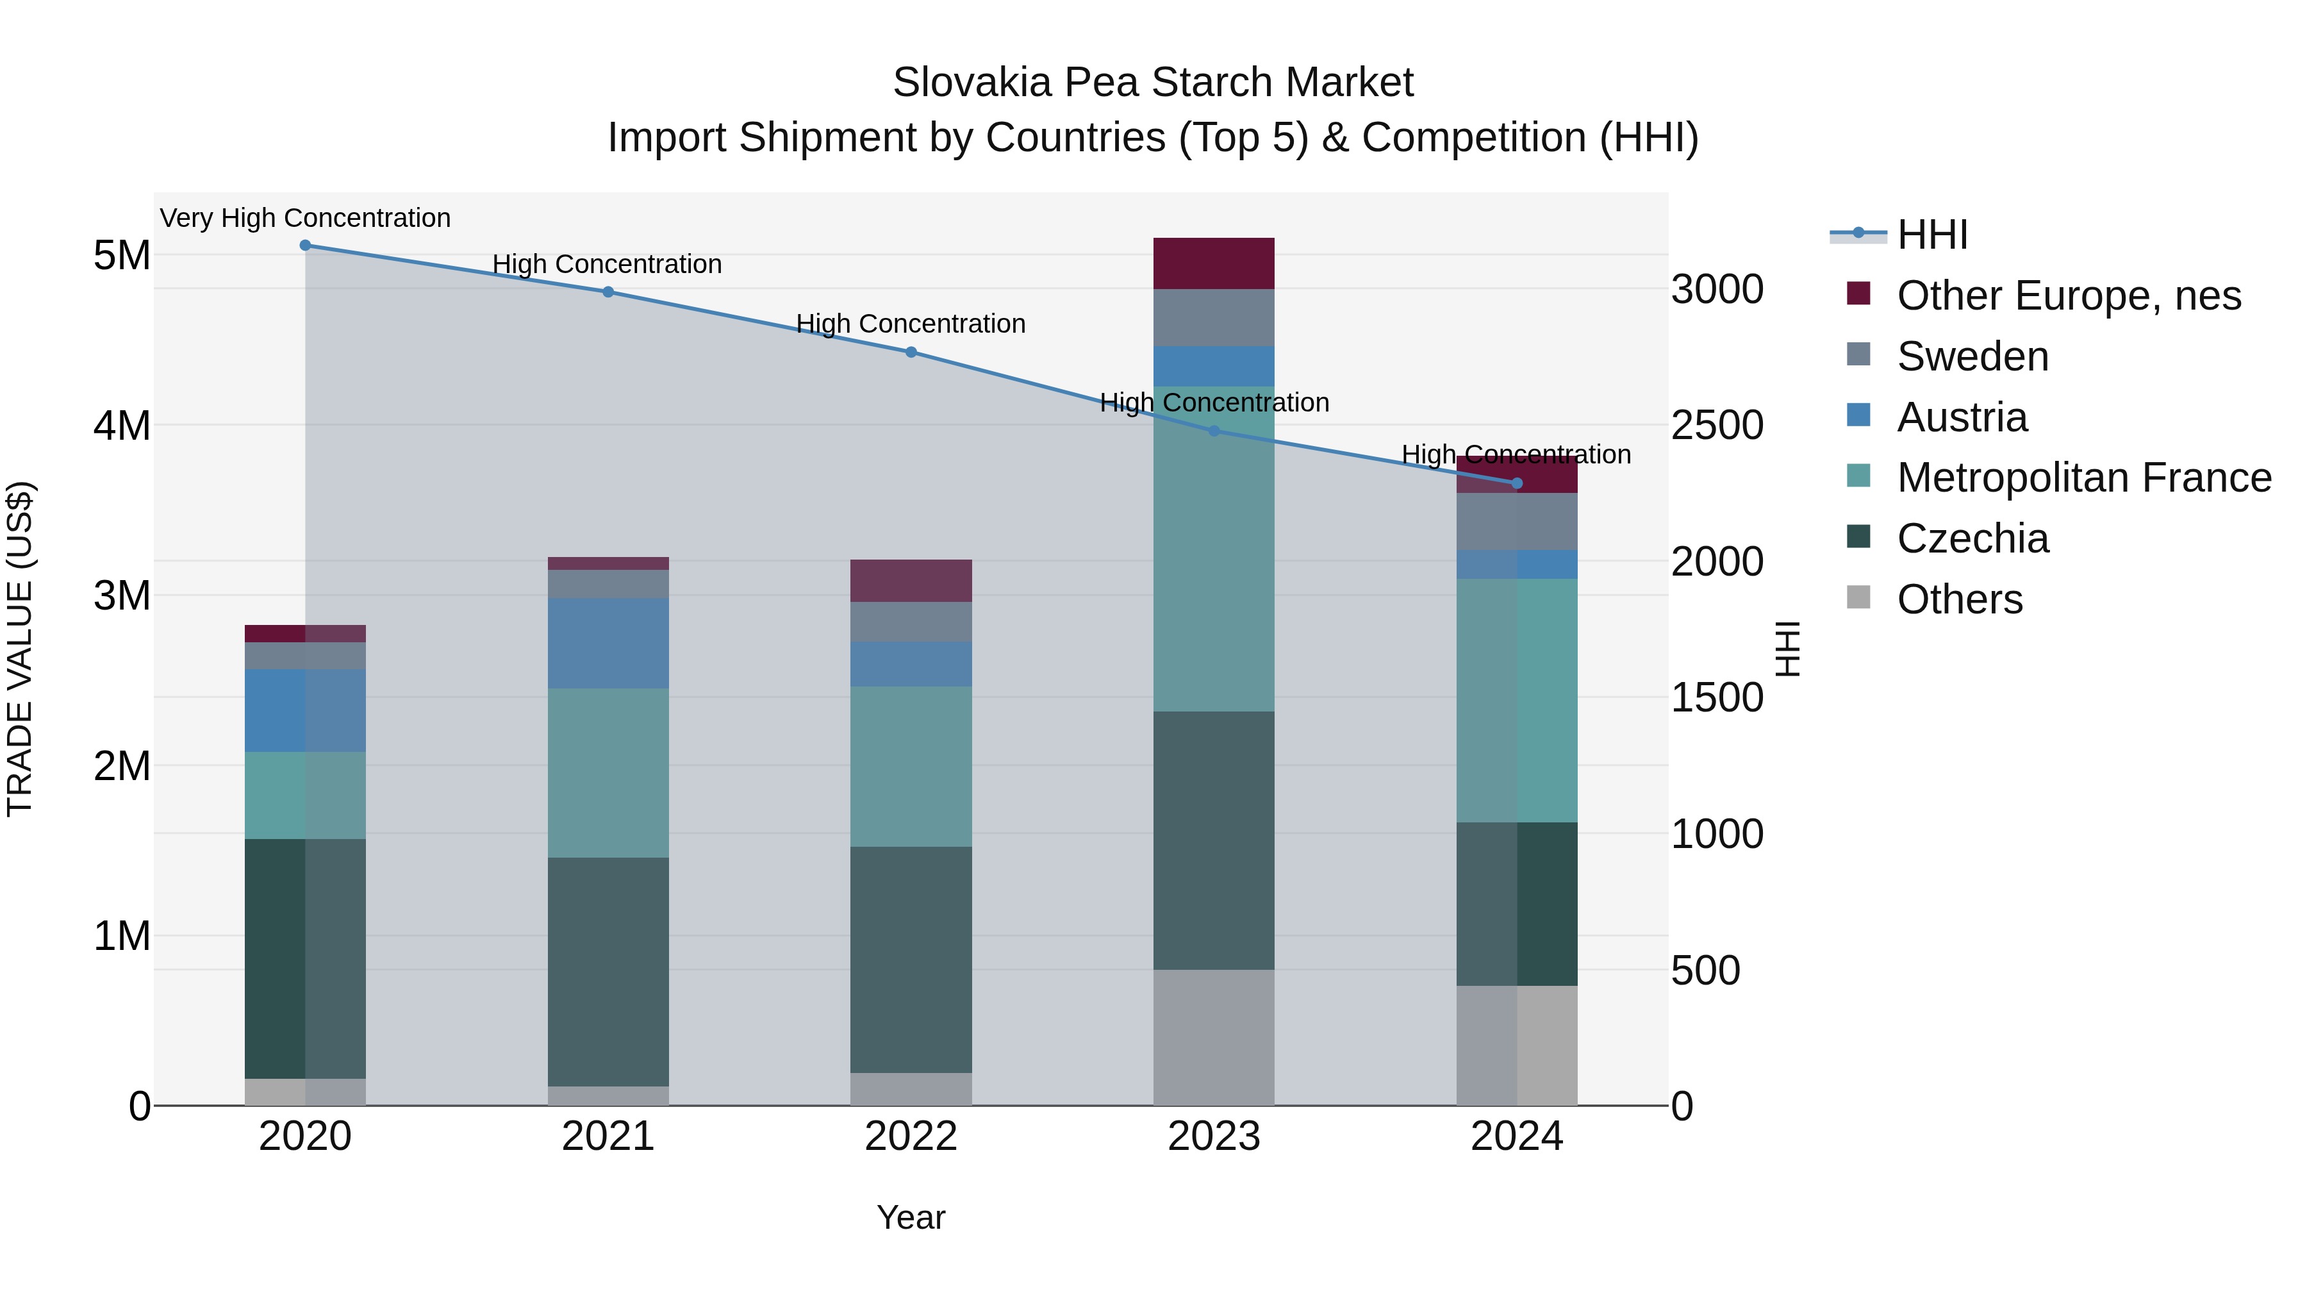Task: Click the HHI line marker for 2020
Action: pos(306,245)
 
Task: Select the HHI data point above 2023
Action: pos(1214,431)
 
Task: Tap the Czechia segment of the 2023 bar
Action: pos(1214,840)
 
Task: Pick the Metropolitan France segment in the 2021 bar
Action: pos(608,773)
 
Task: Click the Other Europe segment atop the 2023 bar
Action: pos(1214,263)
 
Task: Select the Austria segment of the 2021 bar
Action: pos(608,643)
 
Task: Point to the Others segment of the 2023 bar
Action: pos(1214,1037)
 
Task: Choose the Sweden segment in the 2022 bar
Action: pos(911,622)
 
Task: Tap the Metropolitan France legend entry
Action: pos(2084,478)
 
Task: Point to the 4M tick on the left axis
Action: pos(122,426)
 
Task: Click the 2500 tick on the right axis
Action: pos(1717,426)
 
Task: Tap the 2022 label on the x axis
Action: pos(911,1136)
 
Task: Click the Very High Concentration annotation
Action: pos(306,219)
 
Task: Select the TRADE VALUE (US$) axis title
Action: pos(20,649)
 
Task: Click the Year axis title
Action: pos(911,1217)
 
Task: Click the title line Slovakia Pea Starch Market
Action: pos(1153,83)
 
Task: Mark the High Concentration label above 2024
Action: pos(1516,455)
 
